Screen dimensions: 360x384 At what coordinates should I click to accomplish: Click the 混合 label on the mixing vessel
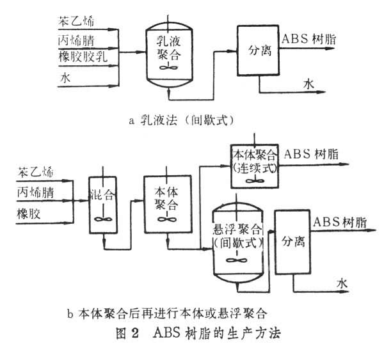102,193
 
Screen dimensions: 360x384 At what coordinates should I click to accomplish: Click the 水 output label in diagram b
341,282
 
